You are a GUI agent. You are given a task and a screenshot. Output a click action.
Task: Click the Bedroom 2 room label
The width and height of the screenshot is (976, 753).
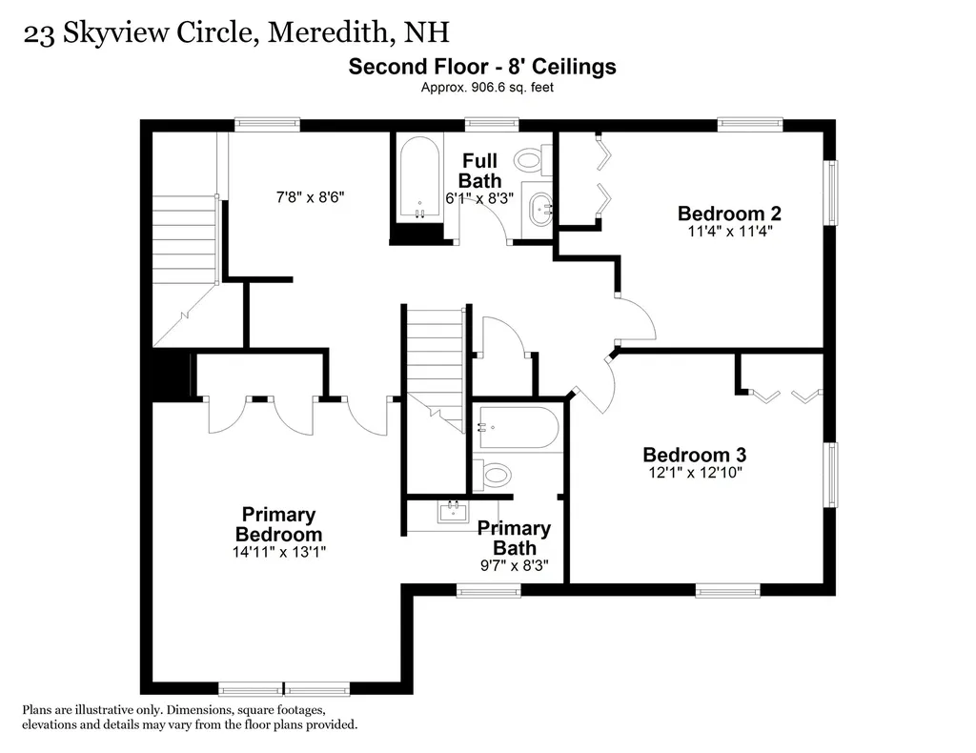[x=729, y=213]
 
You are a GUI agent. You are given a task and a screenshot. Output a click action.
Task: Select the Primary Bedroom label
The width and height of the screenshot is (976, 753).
[x=278, y=524]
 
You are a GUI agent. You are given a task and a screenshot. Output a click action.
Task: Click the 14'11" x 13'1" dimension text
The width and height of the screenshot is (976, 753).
[x=278, y=551]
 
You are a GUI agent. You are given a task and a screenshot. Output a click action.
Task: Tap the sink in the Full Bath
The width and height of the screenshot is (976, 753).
[x=540, y=208]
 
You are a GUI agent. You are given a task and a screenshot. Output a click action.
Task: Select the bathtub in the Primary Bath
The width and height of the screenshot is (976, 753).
[x=518, y=428]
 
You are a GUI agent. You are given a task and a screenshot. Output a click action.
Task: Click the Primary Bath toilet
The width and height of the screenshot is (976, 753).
[x=495, y=474]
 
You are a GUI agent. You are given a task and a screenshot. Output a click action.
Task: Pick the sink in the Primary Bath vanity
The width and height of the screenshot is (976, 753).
[x=453, y=511]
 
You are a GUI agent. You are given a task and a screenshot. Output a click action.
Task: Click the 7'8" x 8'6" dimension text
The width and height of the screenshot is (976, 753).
[x=309, y=197]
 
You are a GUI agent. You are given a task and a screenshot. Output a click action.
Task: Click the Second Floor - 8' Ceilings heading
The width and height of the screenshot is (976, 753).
[x=481, y=67]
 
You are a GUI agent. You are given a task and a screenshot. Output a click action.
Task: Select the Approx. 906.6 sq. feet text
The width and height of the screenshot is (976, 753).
[x=487, y=87]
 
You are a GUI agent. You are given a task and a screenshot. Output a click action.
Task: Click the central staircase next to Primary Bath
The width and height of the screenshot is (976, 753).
[x=436, y=357]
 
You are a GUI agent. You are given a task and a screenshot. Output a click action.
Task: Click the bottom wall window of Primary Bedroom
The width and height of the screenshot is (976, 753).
[x=284, y=688]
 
